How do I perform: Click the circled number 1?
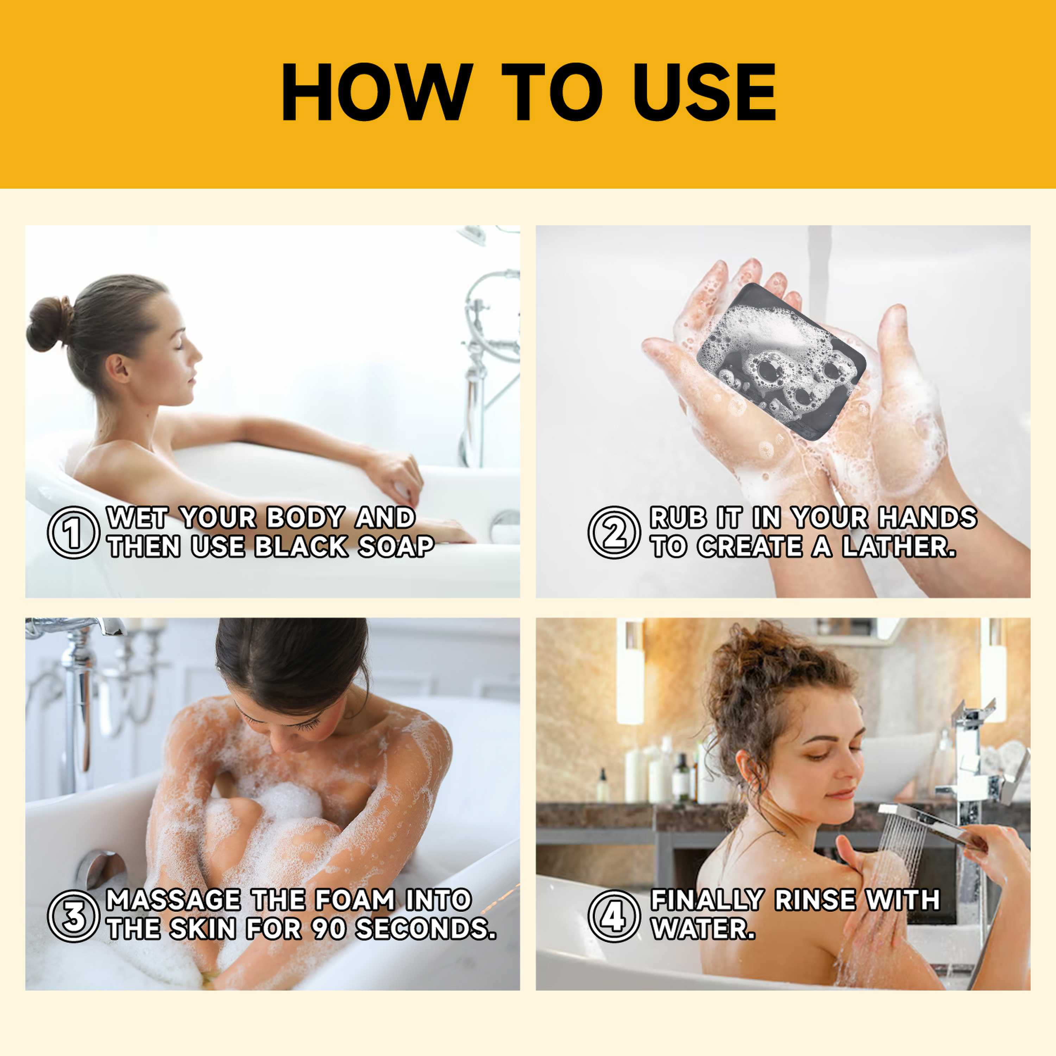[73, 532]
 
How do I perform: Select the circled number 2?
[614, 532]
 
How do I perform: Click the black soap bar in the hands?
[781, 361]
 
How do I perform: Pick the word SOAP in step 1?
[396, 547]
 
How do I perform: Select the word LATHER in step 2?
[899, 547]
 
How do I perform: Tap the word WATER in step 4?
[703, 929]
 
